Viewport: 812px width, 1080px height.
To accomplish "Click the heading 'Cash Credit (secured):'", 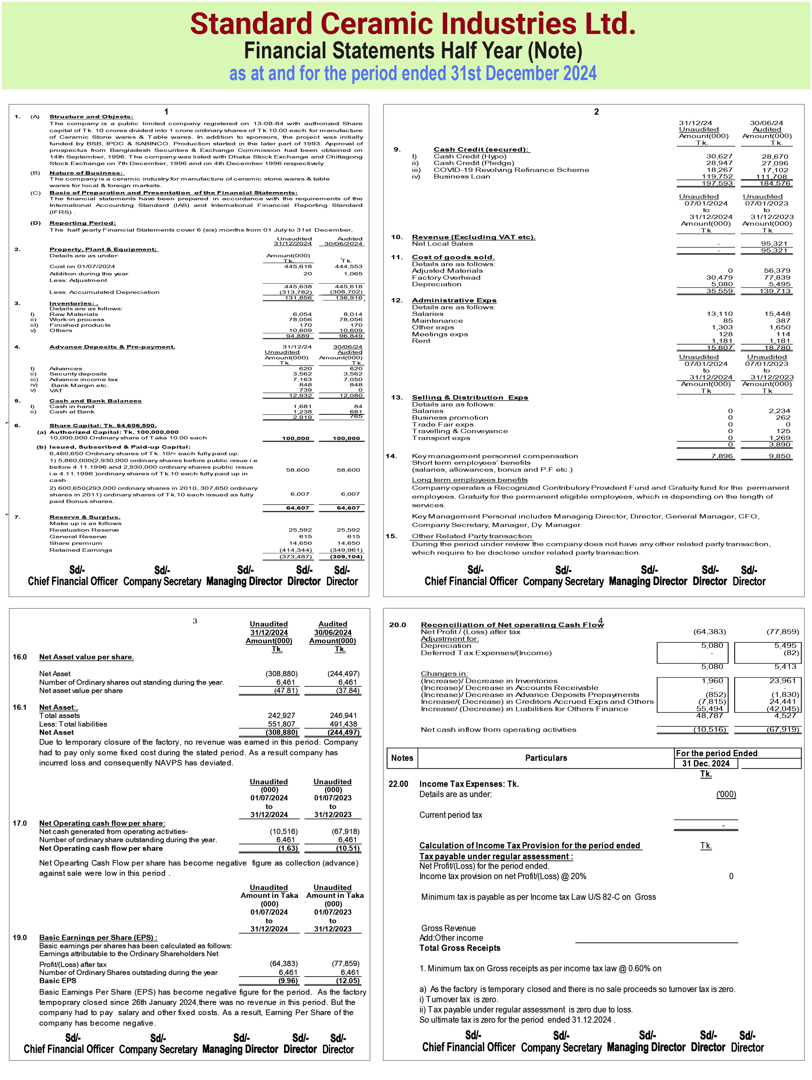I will pos(481,150).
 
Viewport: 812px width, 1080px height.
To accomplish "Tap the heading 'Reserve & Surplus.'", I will pos(84,517).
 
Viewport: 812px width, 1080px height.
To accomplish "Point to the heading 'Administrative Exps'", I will pos(454,300).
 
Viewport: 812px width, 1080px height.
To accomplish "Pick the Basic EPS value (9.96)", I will pos(288,981).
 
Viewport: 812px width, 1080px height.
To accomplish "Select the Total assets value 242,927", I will pos(281,716).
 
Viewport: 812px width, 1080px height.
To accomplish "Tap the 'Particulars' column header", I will pos(546,758).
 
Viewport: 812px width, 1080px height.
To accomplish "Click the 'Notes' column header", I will pos(402,758).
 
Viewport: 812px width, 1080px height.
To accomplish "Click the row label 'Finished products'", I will pos(80,325).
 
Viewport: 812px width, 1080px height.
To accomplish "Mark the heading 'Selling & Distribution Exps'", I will pos(470,398).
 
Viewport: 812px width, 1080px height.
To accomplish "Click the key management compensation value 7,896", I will pos(722,456).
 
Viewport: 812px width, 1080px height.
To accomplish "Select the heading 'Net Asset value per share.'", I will pos(86,657).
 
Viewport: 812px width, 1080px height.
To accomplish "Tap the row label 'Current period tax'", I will pos(450,815).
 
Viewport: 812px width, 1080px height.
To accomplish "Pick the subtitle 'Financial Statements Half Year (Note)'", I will pos(413,51).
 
